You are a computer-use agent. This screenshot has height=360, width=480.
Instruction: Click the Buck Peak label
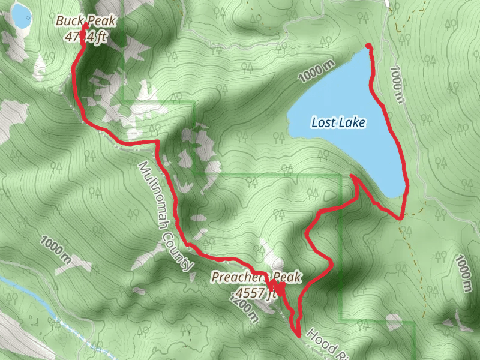click(86, 22)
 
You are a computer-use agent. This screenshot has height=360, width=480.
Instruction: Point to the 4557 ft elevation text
click(256, 293)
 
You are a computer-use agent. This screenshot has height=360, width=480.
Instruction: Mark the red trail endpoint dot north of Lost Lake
click(368, 46)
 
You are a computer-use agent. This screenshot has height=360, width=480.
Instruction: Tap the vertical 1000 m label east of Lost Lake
click(396, 82)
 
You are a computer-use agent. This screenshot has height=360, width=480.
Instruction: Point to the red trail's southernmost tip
click(298, 336)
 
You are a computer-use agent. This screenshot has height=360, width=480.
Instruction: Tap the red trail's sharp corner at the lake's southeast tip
click(400, 218)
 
